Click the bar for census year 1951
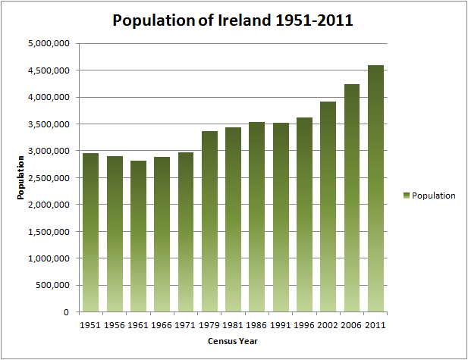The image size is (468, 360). coord(90,232)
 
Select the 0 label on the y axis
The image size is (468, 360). coord(67,311)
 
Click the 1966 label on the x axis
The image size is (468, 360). coord(162,324)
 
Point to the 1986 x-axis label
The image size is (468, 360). coord(256,324)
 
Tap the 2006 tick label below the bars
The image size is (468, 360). coord(351,324)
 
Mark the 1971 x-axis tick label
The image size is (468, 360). coord(185,324)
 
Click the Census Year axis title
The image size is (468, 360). coord(232,341)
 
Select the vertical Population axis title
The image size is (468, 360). coord(23,177)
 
